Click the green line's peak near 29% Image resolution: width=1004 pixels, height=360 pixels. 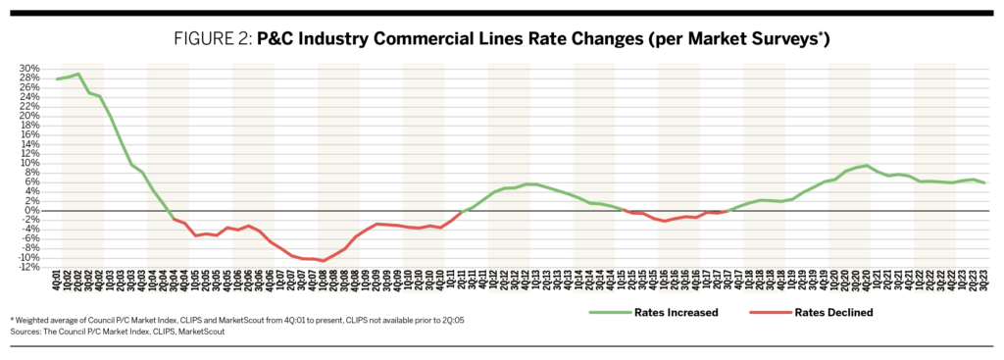tap(77, 74)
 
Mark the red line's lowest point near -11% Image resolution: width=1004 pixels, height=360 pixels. tap(323, 261)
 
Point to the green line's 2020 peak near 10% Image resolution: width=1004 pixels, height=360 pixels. tap(866, 165)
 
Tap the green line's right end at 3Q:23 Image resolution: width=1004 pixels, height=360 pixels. tap(984, 183)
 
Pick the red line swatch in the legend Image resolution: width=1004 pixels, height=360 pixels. tap(768, 313)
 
